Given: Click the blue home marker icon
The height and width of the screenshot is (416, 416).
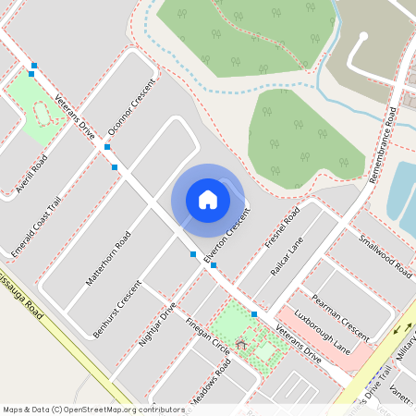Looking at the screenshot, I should pos(208,199).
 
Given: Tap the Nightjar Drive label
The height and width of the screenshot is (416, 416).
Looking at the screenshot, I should pos(156,324).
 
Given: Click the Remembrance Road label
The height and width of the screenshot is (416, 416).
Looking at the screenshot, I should pos(382,145).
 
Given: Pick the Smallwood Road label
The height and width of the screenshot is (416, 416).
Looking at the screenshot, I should pos(385,256).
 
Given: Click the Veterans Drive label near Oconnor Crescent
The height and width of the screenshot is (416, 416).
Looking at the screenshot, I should pos(75,116).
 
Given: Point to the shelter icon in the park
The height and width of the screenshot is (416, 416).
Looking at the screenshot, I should pos(241,345).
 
